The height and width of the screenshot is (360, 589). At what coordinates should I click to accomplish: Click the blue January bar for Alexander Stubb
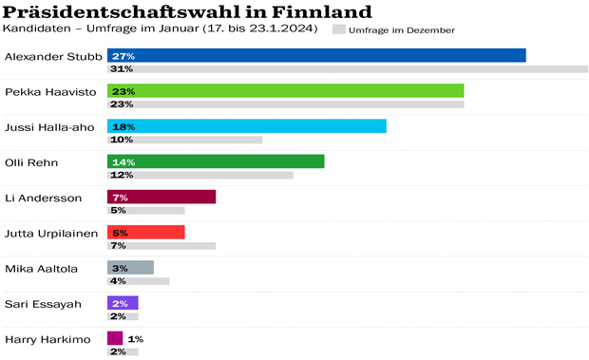pyautogui.click(x=316, y=56)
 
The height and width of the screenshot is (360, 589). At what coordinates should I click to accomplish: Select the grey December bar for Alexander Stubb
pyautogui.click(x=348, y=69)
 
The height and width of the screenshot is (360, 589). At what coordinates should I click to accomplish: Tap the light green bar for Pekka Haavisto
pyautogui.click(x=285, y=91)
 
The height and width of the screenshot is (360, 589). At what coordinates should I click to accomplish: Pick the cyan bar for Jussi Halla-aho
pyautogui.click(x=247, y=126)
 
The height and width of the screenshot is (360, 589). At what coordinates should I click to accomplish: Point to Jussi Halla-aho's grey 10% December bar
pyautogui.click(x=184, y=140)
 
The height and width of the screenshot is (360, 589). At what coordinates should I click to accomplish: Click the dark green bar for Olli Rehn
pyautogui.click(x=216, y=161)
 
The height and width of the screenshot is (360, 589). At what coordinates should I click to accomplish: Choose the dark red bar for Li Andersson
pyautogui.click(x=161, y=197)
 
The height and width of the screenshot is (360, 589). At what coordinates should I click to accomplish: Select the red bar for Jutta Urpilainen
pyautogui.click(x=146, y=232)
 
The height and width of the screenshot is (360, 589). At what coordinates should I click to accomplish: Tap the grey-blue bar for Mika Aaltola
pyautogui.click(x=130, y=268)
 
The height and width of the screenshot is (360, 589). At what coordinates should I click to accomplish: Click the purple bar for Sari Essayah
pyautogui.click(x=123, y=303)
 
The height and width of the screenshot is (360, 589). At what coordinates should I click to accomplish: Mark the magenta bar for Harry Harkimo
pyautogui.click(x=115, y=338)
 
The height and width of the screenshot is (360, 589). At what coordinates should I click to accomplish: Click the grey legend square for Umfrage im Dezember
pyautogui.click(x=339, y=30)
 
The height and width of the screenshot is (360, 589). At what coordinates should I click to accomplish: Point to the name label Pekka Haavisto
pyautogui.click(x=39, y=91)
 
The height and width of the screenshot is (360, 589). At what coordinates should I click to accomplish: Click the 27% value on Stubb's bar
pyautogui.click(x=122, y=56)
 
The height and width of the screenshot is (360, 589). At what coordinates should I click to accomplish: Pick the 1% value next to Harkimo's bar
pyautogui.click(x=135, y=339)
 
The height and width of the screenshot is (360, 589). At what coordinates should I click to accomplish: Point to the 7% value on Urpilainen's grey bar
pyautogui.click(x=119, y=246)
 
